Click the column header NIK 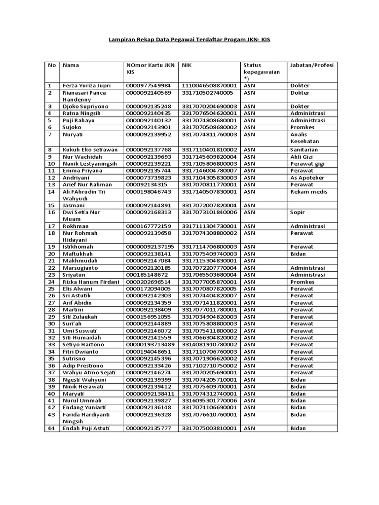click(187, 65)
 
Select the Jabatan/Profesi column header click(312, 65)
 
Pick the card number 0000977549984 click(149, 86)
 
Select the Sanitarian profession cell click(304, 150)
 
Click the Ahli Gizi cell click(302, 157)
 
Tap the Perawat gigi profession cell click(307, 164)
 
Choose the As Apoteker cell click(307, 178)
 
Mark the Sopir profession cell click(298, 212)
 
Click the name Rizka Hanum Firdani click(91, 282)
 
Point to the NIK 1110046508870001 click(210, 86)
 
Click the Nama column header click(71, 65)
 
